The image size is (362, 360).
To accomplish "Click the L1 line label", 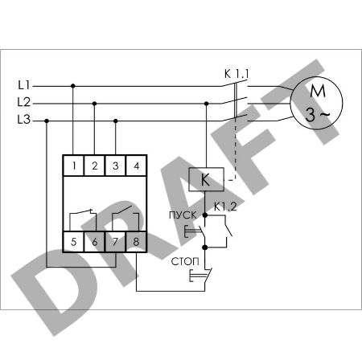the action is [x=24, y=85].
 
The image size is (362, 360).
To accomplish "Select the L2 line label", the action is [x=24, y=102].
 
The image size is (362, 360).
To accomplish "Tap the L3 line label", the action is [x=24, y=119].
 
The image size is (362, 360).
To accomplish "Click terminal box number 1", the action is [x=73, y=166].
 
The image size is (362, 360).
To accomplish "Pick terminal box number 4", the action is [x=136, y=166].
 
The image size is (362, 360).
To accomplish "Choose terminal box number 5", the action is [x=73, y=242].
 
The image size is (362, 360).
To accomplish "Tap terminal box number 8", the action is [x=136, y=242].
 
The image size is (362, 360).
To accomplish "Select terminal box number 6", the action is [x=94, y=242].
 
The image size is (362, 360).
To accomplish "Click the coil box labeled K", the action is [x=206, y=179].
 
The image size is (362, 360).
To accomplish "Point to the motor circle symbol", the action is [x=316, y=103].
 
